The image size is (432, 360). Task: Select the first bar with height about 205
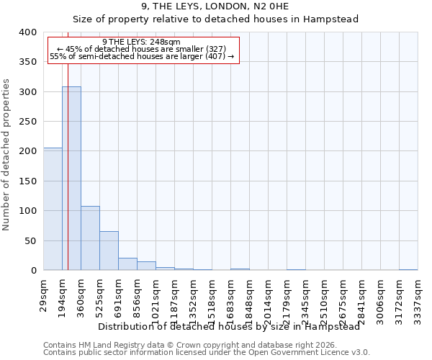pyautogui.click(x=53, y=209)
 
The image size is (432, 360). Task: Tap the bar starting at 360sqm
pyautogui.click(x=90, y=238)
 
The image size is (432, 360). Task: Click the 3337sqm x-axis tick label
pyautogui.click(x=418, y=297)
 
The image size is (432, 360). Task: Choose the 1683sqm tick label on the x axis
pyautogui.click(x=231, y=297)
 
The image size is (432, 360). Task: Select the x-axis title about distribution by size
pyautogui.click(x=228, y=326)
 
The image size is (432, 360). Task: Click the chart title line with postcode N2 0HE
pyautogui.click(x=216, y=6)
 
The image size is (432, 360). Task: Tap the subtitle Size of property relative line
pyautogui.click(x=216, y=19)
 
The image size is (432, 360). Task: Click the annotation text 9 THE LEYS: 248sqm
pyautogui.click(x=142, y=42)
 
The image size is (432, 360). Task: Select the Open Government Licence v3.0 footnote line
pyautogui.click(x=207, y=352)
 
